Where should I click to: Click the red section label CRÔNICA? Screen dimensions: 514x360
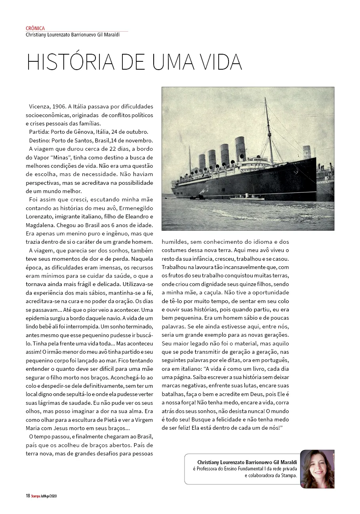coord(35,28)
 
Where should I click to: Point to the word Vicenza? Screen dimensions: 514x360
coord(39,107)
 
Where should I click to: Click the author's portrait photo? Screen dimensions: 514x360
coord(317,469)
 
